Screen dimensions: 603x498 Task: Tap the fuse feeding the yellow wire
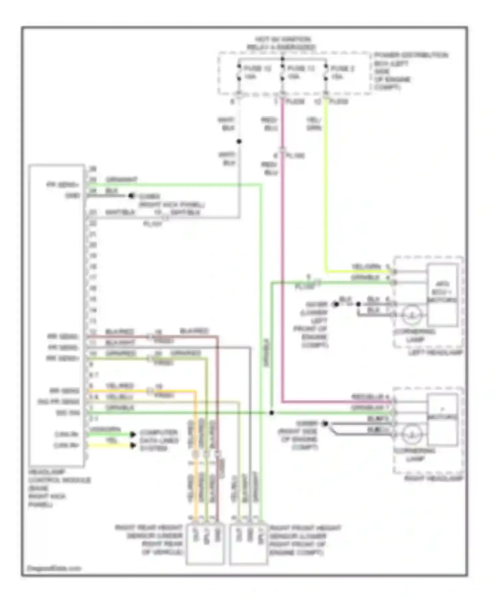pos(326,72)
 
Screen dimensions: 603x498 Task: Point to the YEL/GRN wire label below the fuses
pos(313,124)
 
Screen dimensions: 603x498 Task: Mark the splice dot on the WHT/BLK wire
pos(239,142)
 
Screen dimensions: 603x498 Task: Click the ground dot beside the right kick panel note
pos(131,196)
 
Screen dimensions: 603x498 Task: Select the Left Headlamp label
pos(435,352)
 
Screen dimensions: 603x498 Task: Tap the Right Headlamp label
pos(433,479)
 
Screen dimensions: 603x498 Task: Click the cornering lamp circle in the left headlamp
pos(412,315)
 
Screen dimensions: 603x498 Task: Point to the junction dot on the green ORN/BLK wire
pos(272,413)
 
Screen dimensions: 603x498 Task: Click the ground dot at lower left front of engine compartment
pos(336,304)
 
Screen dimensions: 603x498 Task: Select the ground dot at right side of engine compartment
pos(325,423)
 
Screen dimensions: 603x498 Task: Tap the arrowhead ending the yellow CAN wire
pos(132,445)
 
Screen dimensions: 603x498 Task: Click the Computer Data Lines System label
pos(159,440)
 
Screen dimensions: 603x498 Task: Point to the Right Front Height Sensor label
pos(305,540)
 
